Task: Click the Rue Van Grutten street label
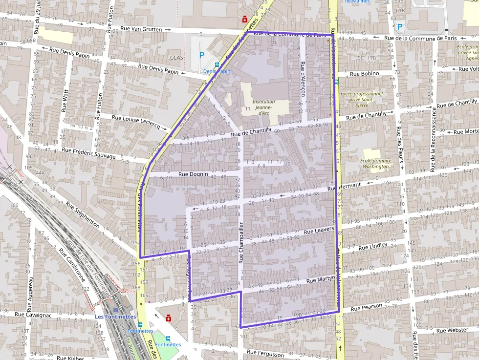(x=141, y=29)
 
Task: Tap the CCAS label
(x=176, y=58)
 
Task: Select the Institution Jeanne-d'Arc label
(x=263, y=107)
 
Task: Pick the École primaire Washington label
(x=375, y=164)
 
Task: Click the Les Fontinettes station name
(x=115, y=317)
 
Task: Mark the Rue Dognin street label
(x=193, y=174)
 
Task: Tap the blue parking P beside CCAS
(x=202, y=56)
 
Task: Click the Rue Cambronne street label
(x=72, y=266)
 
